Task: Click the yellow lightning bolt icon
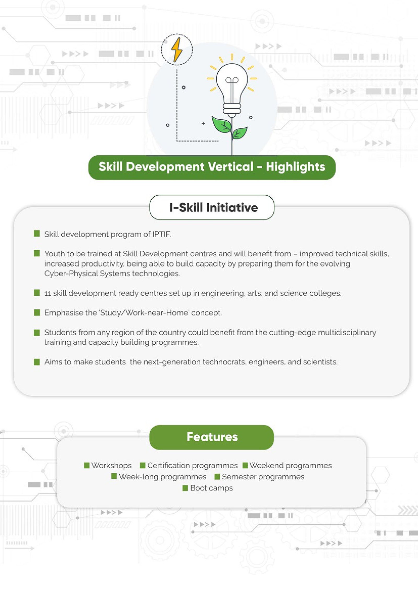click(x=177, y=49)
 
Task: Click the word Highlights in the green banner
click(x=295, y=167)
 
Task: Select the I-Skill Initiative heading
click(x=213, y=208)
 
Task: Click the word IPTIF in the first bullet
click(x=161, y=234)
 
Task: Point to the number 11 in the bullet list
click(x=48, y=293)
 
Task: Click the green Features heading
click(x=212, y=437)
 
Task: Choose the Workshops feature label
click(x=111, y=465)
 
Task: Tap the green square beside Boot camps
click(x=185, y=488)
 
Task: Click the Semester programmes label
click(x=263, y=477)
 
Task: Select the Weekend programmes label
click(x=291, y=465)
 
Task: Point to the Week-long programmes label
click(x=162, y=477)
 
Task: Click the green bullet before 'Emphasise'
click(x=37, y=312)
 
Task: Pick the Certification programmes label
click(x=193, y=465)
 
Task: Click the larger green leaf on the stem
click(x=222, y=125)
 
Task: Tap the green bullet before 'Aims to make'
click(x=37, y=362)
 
